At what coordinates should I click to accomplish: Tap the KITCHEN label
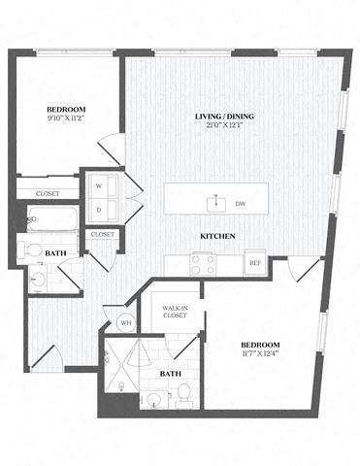[215, 236]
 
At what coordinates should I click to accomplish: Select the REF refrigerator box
[254, 262]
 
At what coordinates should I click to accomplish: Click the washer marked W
[99, 184]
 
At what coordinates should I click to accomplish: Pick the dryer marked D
[99, 209]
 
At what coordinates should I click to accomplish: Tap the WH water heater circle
[125, 323]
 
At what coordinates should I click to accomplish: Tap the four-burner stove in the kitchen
[203, 262]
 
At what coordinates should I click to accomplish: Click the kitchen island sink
[215, 202]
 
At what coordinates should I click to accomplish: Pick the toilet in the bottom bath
[183, 393]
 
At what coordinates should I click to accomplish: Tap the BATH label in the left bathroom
[56, 252]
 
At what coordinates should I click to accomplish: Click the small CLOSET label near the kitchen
[102, 235]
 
